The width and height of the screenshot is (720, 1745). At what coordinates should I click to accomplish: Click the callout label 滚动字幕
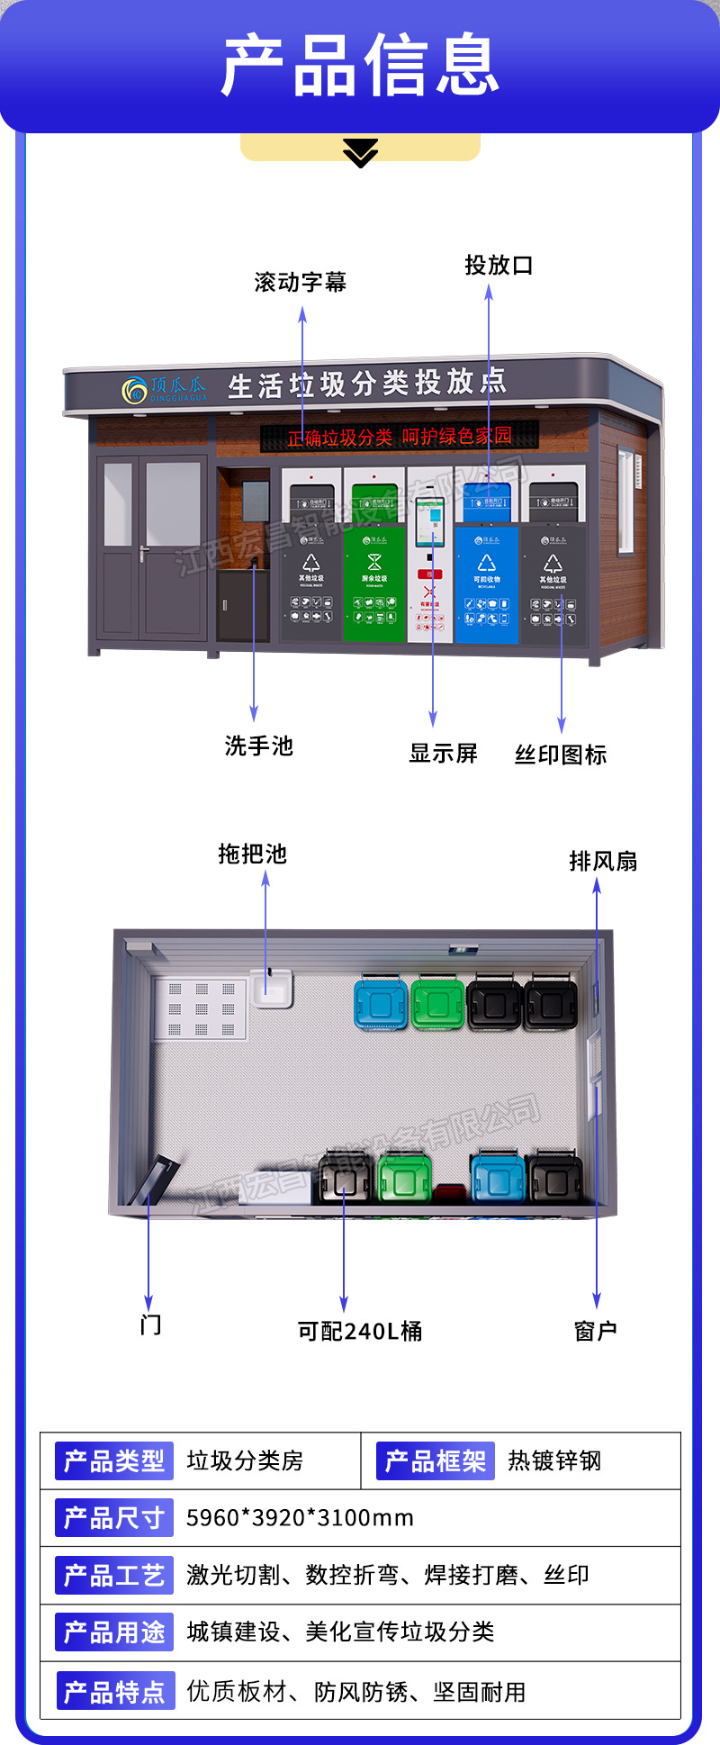tap(300, 283)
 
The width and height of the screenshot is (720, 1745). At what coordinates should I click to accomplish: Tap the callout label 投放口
tap(499, 266)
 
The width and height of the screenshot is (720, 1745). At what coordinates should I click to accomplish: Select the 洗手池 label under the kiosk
tap(259, 746)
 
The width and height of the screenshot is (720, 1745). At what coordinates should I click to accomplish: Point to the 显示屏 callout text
tap(443, 754)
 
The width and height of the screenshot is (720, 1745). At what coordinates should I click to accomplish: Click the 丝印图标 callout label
tap(561, 755)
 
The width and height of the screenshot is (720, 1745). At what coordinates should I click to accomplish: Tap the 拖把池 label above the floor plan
tap(252, 854)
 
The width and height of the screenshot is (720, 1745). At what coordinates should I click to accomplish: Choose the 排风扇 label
tap(603, 862)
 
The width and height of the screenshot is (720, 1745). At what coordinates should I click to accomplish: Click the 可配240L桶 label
tap(360, 1331)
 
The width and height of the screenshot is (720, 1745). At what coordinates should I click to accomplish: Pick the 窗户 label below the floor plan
tap(596, 1331)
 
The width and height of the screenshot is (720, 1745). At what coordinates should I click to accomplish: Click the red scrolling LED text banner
tap(400, 438)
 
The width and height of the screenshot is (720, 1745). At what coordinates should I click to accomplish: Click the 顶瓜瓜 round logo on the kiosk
tap(135, 391)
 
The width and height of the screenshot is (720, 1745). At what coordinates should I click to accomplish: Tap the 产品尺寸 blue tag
tap(114, 1518)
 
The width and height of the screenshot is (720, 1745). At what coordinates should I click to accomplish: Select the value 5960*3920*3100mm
tap(300, 1518)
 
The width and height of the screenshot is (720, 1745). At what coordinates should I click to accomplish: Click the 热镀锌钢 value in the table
tap(554, 1460)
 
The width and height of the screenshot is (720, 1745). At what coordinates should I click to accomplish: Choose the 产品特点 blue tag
tap(114, 1692)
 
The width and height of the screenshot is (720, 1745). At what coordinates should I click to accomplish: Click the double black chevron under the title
tap(361, 153)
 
